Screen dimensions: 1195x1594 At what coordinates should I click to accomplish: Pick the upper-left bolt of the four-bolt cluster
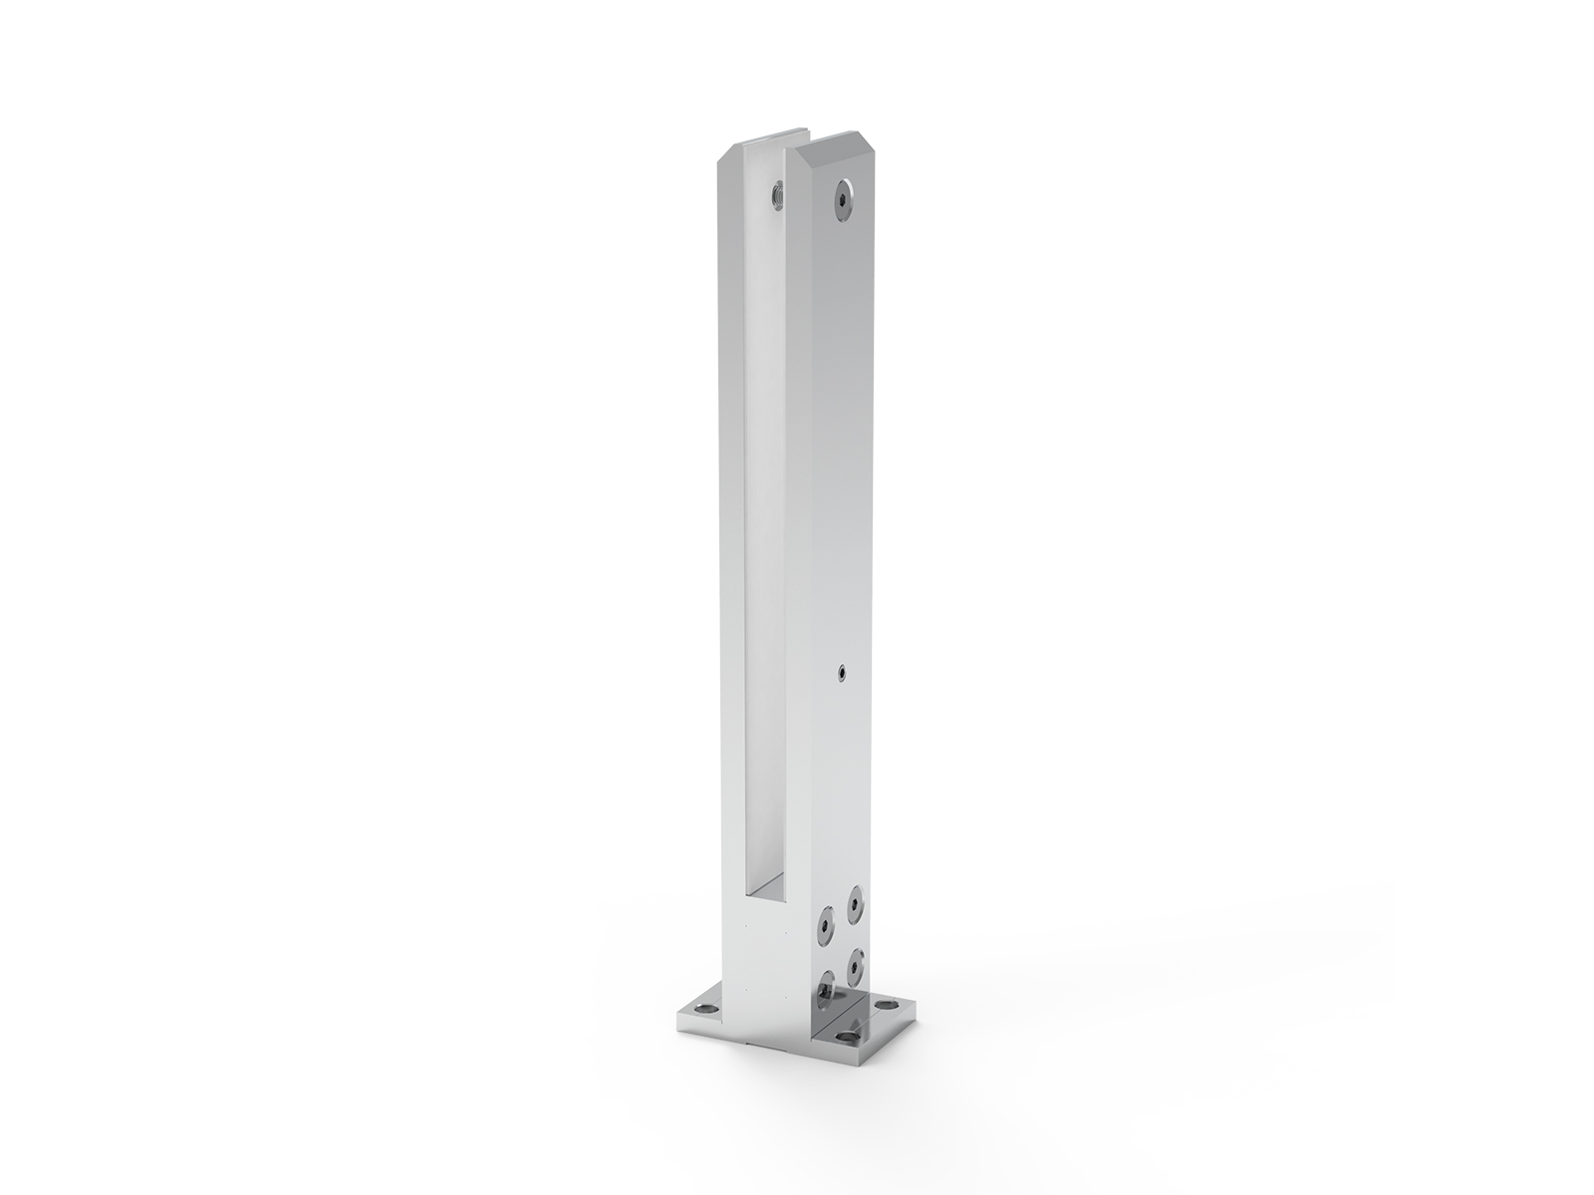(x=825, y=926)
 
